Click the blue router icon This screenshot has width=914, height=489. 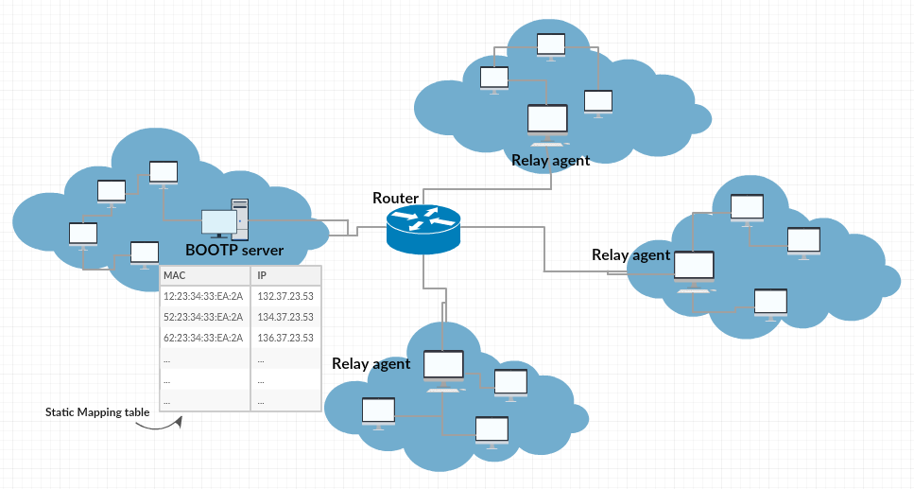click(423, 229)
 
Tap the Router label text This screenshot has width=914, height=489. click(396, 198)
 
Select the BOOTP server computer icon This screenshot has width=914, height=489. click(224, 221)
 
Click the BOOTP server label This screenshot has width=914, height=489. click(234, 251)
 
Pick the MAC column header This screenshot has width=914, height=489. click(175, 275)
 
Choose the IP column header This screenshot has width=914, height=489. click(262, 275)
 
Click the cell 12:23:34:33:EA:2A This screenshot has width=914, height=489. click(203, 296)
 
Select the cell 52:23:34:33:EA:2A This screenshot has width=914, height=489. click(203, 317)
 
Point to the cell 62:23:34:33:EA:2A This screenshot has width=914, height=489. click(203, 338)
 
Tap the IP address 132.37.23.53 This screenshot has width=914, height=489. click(285, 296)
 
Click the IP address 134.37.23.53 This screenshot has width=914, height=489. click(285, 317)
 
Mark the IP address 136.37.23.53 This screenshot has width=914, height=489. click(285, 338)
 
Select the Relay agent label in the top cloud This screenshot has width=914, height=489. click(550, 161)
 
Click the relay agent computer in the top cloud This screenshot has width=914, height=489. click(547, 123)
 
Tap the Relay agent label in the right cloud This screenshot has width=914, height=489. click(630, 254)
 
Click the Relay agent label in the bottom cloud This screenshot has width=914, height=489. click(371, 364)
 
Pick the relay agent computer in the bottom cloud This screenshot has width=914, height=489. click(444, 369)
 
